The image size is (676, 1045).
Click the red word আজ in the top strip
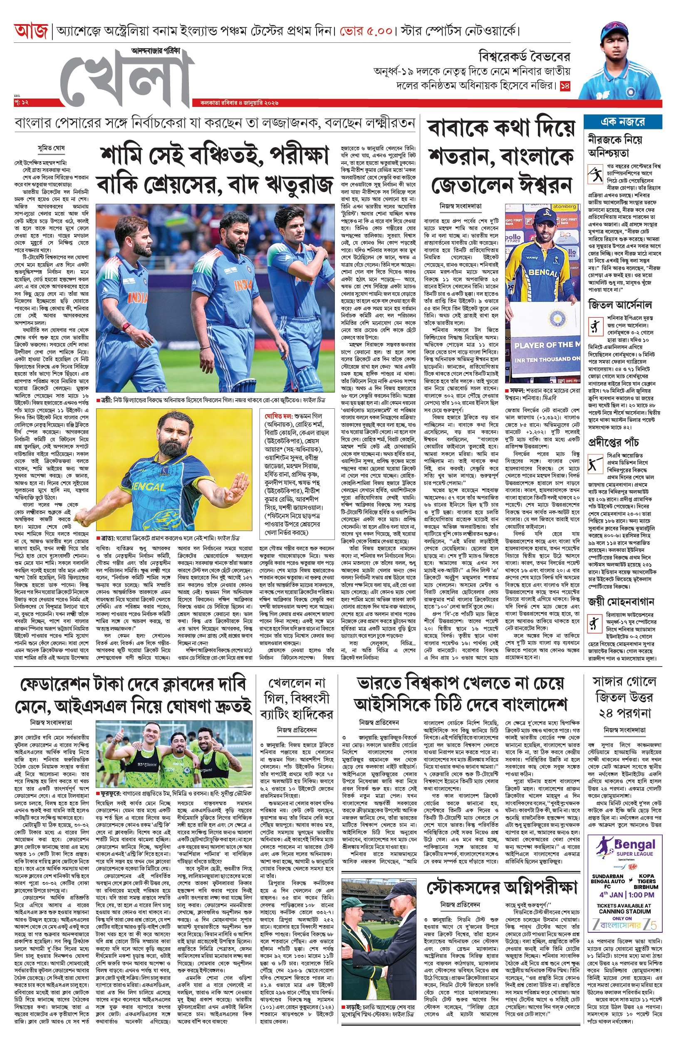pos(30,32)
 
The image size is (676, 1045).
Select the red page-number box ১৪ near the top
pos(565,86)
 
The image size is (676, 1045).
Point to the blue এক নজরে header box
pos(622,121)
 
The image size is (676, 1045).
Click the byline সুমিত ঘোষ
pos(51,149)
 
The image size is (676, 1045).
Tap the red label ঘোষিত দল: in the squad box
pos(278,415)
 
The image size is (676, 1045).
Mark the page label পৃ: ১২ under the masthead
pos(21,102)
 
